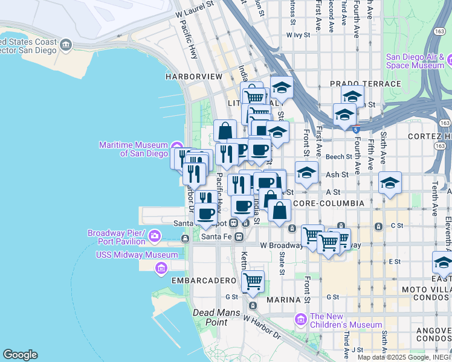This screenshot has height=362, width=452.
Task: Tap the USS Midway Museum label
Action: [x=137, y=255]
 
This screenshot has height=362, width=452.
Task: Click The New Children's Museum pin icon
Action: [x=301, y=319]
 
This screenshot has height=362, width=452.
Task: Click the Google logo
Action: [x=20, y=355]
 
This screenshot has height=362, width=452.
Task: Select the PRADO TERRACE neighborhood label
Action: [x=365, y=84]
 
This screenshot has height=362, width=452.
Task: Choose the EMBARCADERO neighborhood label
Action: [x=202, y=281]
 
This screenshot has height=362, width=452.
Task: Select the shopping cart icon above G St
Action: [x=253, y=281]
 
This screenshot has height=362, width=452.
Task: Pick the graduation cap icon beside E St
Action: [x=442, y=264]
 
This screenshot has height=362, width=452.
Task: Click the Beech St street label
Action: [x=338, y=156]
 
